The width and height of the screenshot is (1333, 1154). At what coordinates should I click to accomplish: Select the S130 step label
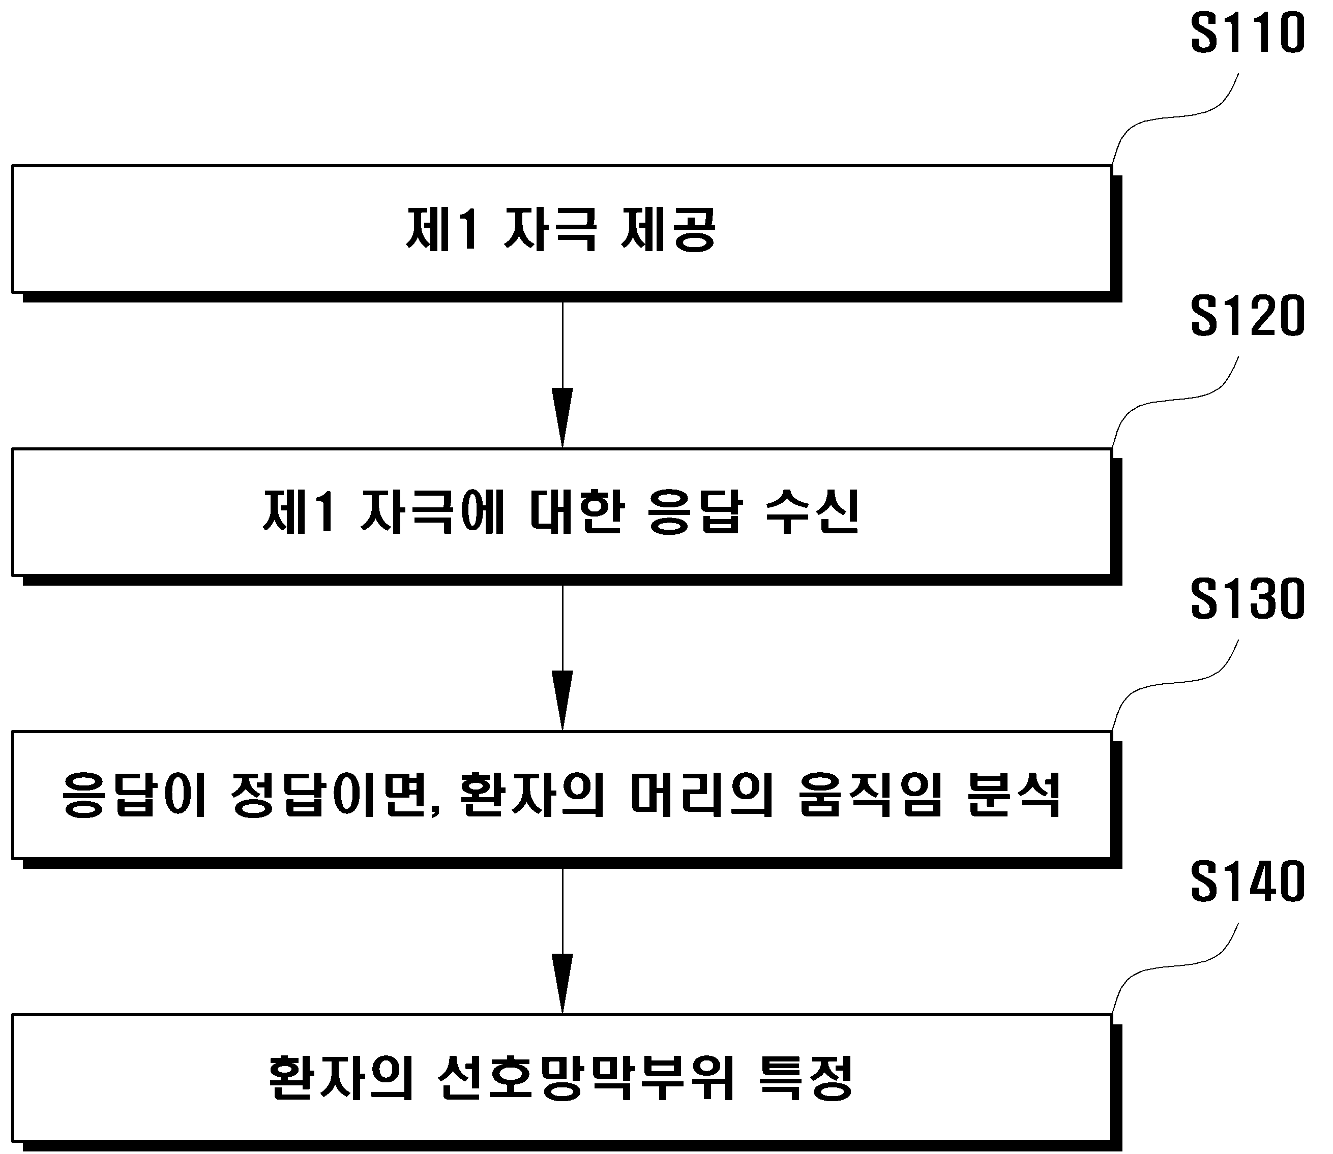pyautogui.click(x=1248, y=599)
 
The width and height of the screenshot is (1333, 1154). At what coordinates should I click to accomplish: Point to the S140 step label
pyautogui.click(x=1248, y=882)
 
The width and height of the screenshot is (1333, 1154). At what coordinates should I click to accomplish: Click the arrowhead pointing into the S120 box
pyautogui.click(x=562, y=418)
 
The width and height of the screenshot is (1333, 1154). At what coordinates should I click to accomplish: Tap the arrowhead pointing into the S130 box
pyautogui.click(x=562, y=701)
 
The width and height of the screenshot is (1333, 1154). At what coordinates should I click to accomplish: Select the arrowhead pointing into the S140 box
pyautogui.click(x=562, y=983)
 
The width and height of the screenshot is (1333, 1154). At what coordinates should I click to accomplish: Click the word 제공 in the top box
pyautogui.click(x=668, y=229)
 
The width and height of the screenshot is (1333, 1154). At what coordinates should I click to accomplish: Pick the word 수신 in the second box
pyautogui.click(x=812, y=512)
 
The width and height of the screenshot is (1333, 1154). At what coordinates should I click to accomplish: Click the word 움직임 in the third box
pyautogui.click(x=870, y=795)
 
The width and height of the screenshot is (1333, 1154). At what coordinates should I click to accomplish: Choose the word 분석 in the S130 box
pyautogui.click(x=1014, y=795)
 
